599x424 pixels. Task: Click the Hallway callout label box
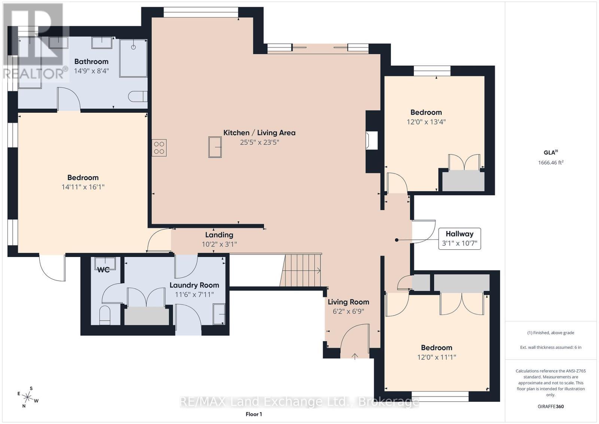point(459,239)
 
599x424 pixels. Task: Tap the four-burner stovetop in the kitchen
point(159,148)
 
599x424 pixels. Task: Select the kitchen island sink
point(215,147)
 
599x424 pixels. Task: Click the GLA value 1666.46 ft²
point(551,163)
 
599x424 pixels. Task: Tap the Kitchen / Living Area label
point(259,133)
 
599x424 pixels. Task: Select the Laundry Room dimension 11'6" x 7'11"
point(194,294)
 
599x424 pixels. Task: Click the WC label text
point(103,270)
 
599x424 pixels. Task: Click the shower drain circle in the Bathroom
point(133,47)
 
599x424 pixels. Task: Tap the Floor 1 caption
point(254,414)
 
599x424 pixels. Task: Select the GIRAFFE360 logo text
point(551,406)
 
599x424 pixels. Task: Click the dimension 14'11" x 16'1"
point(83,187)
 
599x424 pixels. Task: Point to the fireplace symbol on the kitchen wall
point(372,140)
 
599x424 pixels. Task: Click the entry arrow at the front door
point(355,356)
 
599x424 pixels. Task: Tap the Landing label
point(219,235)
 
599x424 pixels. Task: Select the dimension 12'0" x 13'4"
point(426,122)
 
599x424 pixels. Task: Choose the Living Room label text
point(349,302)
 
